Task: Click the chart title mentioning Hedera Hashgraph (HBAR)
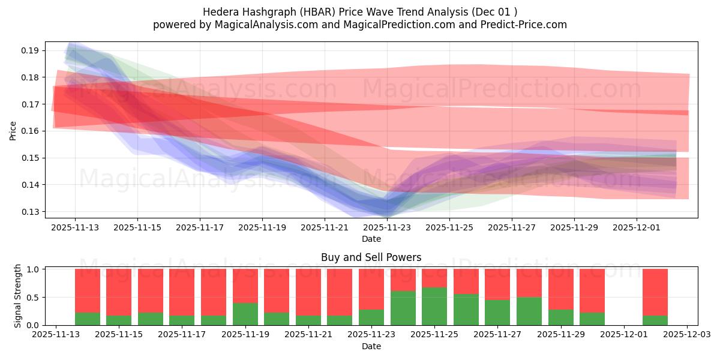click(x=360, y=11)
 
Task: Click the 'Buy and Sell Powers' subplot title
click(x=371, y=257)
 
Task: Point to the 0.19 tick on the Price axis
click(x=31, y=50)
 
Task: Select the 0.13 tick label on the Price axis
click(x=31, y=212)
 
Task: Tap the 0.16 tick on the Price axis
click(x=31, y=131)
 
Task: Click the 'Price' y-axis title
click(x=13, y=130)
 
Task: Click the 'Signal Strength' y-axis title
click(x=18, y=296)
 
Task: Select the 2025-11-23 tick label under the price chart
click(x=387, y=227)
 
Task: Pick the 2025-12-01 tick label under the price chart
click(x=637, y=227)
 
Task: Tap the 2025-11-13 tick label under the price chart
click(x=75, y=227)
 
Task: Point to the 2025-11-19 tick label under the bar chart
click(x=245, y=335)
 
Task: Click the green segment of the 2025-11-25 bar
click(x=434, y=306)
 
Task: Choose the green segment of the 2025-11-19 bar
click(x=245, y=314)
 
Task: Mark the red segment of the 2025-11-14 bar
click(x=88, y=290)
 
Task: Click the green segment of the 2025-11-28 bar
click(x=529, y=311)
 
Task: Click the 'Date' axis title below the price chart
click(x=371, y=239)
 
